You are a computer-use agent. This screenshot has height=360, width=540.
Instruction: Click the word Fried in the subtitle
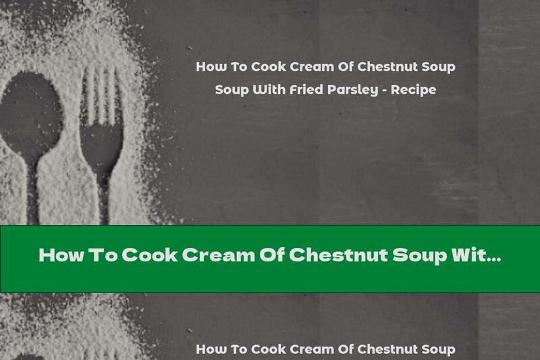click(305, 90)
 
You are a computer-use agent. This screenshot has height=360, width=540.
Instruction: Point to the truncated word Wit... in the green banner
click(477, 257)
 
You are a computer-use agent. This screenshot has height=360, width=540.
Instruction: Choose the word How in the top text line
click(210, 68)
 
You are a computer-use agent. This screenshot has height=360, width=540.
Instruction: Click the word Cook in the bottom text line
click(268, 349)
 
